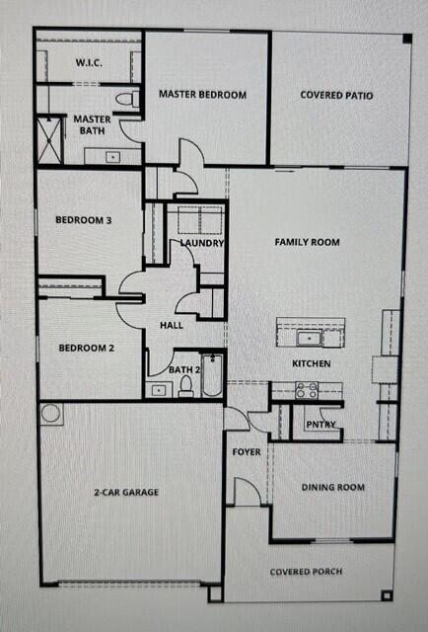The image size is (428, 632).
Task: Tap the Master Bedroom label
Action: pyautogui.click(x=202, y=95)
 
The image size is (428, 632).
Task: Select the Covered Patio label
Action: pyautogui.click(x=337, y=96)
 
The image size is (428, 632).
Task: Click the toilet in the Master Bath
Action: pyautogui.click(x=125, y=100)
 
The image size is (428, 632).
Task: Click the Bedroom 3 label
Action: pyautogui.click(x=83, y=221)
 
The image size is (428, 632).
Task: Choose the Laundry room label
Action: pyautogui.click(x=202, y=243)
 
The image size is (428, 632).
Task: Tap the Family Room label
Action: pyautogui.click(x=307, y=242)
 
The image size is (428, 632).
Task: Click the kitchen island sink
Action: pyautogui.click(x=309, y=339)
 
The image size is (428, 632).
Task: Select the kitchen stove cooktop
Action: pyautogui.click(x=306, y=391)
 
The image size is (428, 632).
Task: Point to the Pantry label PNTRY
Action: pyautogui.click(x=321, y=425)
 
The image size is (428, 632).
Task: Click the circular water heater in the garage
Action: pyautogui.click(x=51, y=413)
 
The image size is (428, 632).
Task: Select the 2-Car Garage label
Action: pyautogui.click(x=126, y=492)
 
